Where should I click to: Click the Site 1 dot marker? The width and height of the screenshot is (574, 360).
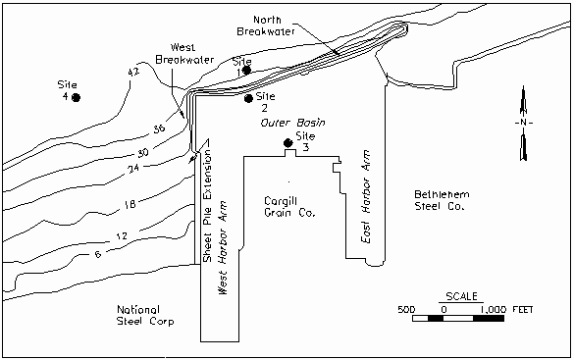(x=246, y=70)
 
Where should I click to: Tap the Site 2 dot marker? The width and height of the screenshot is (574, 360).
(x=248, y=98)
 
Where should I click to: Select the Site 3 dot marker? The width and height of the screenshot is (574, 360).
(x=288, y=142)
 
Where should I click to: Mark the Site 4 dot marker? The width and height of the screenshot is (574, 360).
(x=76, y=98)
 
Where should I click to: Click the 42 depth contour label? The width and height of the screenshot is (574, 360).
(x=133, y=73)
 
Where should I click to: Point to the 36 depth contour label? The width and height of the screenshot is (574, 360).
(x=159, y=129)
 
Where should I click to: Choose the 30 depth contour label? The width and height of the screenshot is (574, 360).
(x=143, y=152)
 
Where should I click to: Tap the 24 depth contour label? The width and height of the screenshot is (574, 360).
(x=133, y=169)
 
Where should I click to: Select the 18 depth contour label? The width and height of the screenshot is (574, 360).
(x=130, y=204)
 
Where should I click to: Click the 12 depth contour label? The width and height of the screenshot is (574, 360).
(x=122, y=236)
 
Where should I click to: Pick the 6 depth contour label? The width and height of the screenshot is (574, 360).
(x=98, y=253)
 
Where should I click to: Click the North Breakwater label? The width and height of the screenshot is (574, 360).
(x=266, y=26)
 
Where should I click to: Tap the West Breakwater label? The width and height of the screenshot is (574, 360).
(x=184, y=53)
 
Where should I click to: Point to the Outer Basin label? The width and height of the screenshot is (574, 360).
(x=292, y=123)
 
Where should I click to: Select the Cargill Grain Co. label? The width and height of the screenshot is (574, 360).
(x=289, y=207)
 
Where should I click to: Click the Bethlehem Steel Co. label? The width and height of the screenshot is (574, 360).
(x=442, y=200)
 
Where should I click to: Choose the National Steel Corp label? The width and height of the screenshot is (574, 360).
(x=145, y=315)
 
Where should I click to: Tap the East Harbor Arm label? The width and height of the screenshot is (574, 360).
(x=366, y=196)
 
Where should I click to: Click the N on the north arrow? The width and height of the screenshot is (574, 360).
(x=523, y=123)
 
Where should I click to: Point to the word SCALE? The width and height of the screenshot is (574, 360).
(x=461, y=296)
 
